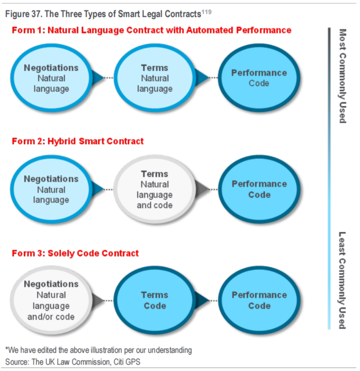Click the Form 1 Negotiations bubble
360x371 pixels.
pyautogui.click(x=51, y=78)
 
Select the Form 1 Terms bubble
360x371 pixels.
pyautogui.click(x=155, y=78)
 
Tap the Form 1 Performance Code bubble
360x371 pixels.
pyautogui.click(x=259, y=78)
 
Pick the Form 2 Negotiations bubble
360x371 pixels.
pyautogui.click(x=51, y=189)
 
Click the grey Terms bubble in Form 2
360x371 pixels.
pyautogui.click(x=155, y=189)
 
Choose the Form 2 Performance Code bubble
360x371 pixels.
pyautogui.click(x=259, y=189)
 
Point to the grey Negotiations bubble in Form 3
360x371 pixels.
pyautogui.click(x=51, y=301)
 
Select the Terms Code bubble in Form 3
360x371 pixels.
pyautogui.click(x=155, y=301)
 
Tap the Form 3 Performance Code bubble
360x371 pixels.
pyautogui.click(x=259, y=301)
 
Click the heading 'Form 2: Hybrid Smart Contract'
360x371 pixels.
pyautogui.click(x=77, y=142)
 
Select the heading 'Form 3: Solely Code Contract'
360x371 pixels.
pyautogui.click(x=75, y=253)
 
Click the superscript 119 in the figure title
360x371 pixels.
pyautogui.click(x=206, y=11)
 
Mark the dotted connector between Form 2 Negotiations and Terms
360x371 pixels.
pyautogui.click(x=106, y=189)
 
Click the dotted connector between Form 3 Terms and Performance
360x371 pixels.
pyautogui.click(x=210, y=301)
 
